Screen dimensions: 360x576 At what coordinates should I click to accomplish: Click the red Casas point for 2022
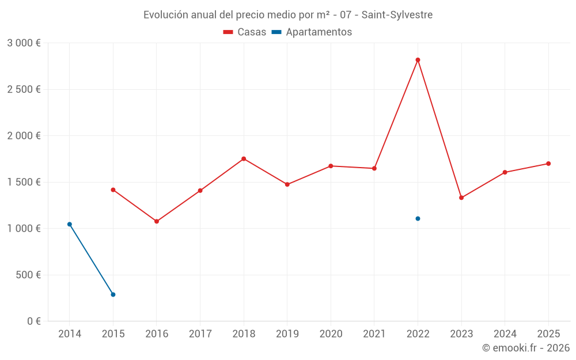[418, 60]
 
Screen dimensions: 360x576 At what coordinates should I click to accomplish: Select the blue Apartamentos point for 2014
[70, 224]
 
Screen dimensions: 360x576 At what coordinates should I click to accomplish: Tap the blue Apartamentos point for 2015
[113, 294]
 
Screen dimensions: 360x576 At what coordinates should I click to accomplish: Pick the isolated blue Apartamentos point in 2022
[418, 218]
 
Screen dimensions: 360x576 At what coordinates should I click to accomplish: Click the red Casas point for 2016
[157, 221]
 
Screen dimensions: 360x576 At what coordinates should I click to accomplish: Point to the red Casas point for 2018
[244, 158]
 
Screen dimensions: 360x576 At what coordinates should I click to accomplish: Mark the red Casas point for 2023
[461, 198]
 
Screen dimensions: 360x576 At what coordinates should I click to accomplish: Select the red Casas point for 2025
[548, 164]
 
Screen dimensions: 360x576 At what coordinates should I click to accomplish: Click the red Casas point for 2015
[113, 190]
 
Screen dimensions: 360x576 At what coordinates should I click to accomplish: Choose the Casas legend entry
[245, 32]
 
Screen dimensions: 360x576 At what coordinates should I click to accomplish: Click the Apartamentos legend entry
[312, 32]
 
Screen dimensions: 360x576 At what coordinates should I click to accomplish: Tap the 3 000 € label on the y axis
[24, 43]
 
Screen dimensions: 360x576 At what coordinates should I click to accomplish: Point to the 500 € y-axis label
[28, 275]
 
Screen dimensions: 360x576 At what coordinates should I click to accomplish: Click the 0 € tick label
[33, 321]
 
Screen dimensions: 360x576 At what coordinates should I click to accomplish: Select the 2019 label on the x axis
[287, 334]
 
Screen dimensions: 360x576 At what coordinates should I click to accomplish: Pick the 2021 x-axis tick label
[374, 334]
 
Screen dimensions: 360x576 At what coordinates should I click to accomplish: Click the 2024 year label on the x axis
[505, 334]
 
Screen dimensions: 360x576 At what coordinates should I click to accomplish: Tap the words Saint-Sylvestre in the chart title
[397, 15]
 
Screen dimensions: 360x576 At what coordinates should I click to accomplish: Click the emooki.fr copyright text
[525, 348]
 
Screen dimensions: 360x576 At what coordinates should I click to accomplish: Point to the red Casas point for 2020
[331, 166]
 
